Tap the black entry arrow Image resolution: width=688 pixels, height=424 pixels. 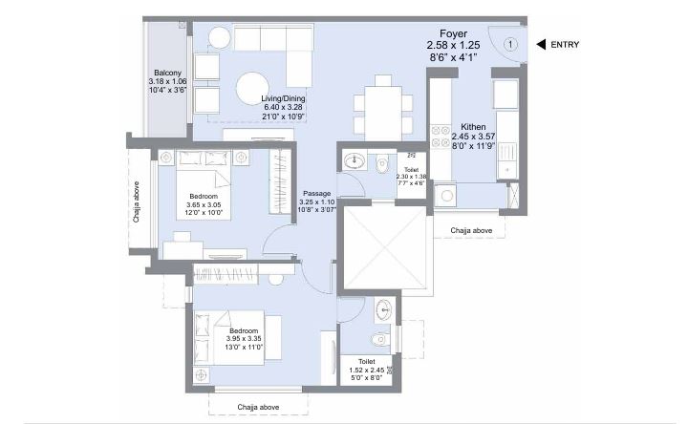pyautogui.click(x=539, y=44)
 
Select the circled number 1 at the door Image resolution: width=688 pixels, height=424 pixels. pyautogui.click(x=510, y=44)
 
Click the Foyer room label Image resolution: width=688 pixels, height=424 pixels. pyautogui.click(x=446, y=32)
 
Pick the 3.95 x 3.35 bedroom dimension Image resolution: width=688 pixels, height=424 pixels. pyautogui.click(x=244, y=340)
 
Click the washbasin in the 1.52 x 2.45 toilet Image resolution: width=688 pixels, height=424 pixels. pyautogui.click(x=383, y=308)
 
